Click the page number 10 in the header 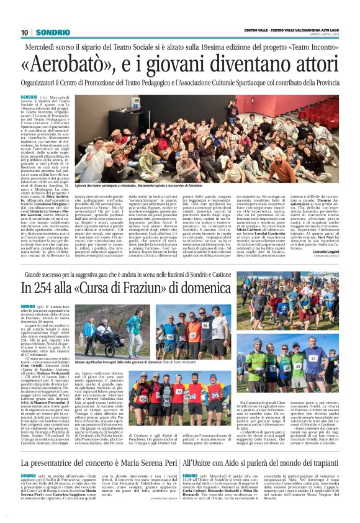coord(24,32)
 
